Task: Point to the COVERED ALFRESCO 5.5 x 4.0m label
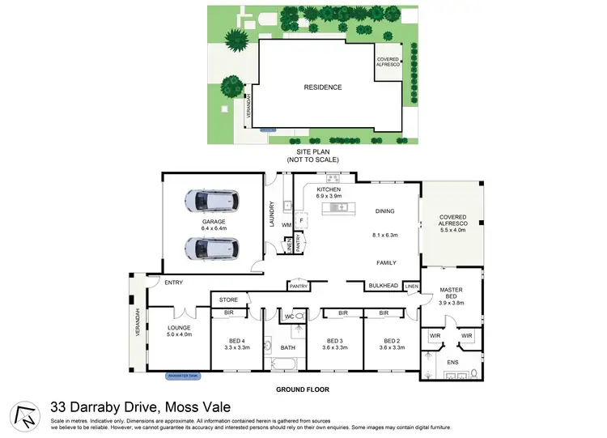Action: tap(452, 222)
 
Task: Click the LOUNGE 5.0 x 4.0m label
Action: tap(179, 331)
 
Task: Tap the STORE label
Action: tap(228, 300)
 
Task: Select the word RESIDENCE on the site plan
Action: tap(322, 87)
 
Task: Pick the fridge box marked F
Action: tap(301, 220)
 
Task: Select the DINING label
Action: tap(384, 211)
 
